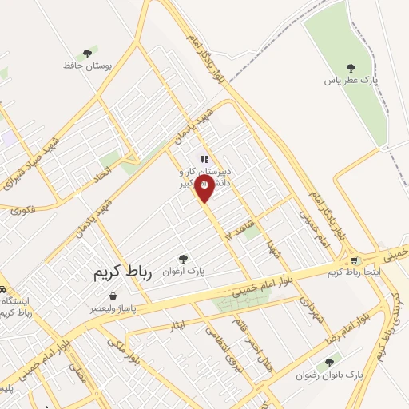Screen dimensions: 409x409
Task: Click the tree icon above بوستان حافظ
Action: (83, 50)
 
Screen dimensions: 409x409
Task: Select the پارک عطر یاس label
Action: (350, 80)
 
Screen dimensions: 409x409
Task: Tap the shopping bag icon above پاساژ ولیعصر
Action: (114, 295)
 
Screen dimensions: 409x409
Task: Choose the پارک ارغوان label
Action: (185, 271)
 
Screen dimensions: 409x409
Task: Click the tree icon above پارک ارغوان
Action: (184, 257)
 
